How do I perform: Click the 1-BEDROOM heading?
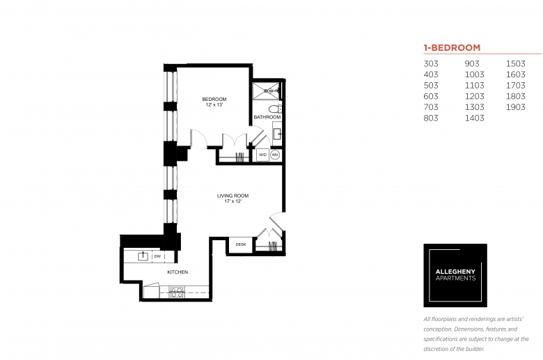coord(452,48)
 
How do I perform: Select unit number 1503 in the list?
coord(516,64)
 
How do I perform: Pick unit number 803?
coord(431,118)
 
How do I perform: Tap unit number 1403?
coord(475,118)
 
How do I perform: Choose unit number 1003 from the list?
coord(475,75)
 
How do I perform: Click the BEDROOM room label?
coord(214,99)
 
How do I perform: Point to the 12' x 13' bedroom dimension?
coord(214,104)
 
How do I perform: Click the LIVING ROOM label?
coord(233,196)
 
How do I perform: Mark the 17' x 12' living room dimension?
coord(233,201)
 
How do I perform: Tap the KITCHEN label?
coord(178,272)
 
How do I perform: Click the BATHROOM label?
coord(267,117)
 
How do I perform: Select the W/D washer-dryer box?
coord(263,155)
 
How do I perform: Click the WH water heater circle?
coord(275,155)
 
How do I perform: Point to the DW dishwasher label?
coord(157,256)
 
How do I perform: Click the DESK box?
coord(241,244)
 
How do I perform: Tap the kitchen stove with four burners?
coord(177,292)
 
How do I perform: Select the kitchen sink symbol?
coord(143,256)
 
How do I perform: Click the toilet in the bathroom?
coord(275,109)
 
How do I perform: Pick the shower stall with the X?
coord(266,91)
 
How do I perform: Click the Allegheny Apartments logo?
coord(455,276)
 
